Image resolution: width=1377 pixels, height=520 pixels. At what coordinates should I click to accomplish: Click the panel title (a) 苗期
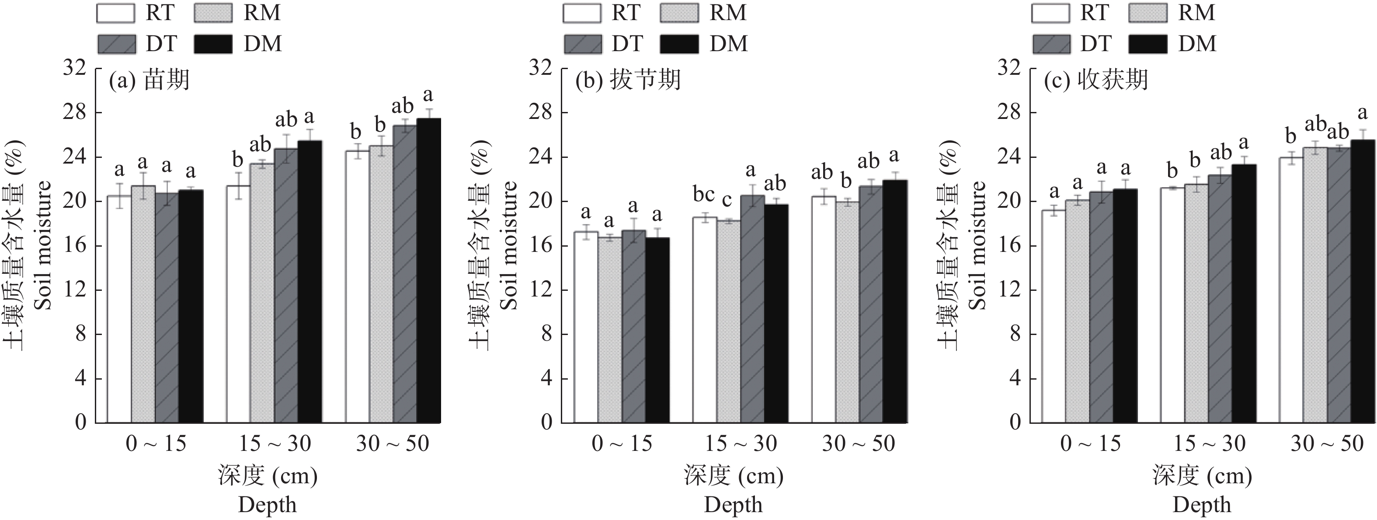pyautogui.click(x=149, y=80)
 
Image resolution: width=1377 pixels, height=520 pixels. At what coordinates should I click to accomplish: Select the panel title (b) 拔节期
pyautogui.click(x=628, y=80)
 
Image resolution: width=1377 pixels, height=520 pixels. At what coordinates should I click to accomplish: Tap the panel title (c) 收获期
pyautogui.click(x=1095, y=80)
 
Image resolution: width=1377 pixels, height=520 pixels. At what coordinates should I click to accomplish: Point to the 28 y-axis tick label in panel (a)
pyautogui.click(x=74, y=113)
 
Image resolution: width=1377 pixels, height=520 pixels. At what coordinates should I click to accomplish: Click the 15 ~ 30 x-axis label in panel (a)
pyautogui.click(x=274, y=443)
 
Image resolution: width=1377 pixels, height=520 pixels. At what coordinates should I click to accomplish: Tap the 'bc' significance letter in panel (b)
pyautogui.click(x=703, y=195)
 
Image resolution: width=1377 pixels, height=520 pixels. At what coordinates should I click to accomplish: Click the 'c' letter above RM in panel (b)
pyautogui.click(x=727, y=201)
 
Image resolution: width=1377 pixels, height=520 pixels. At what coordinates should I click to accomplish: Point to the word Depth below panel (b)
pyautogui.click(x=733, y=505)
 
